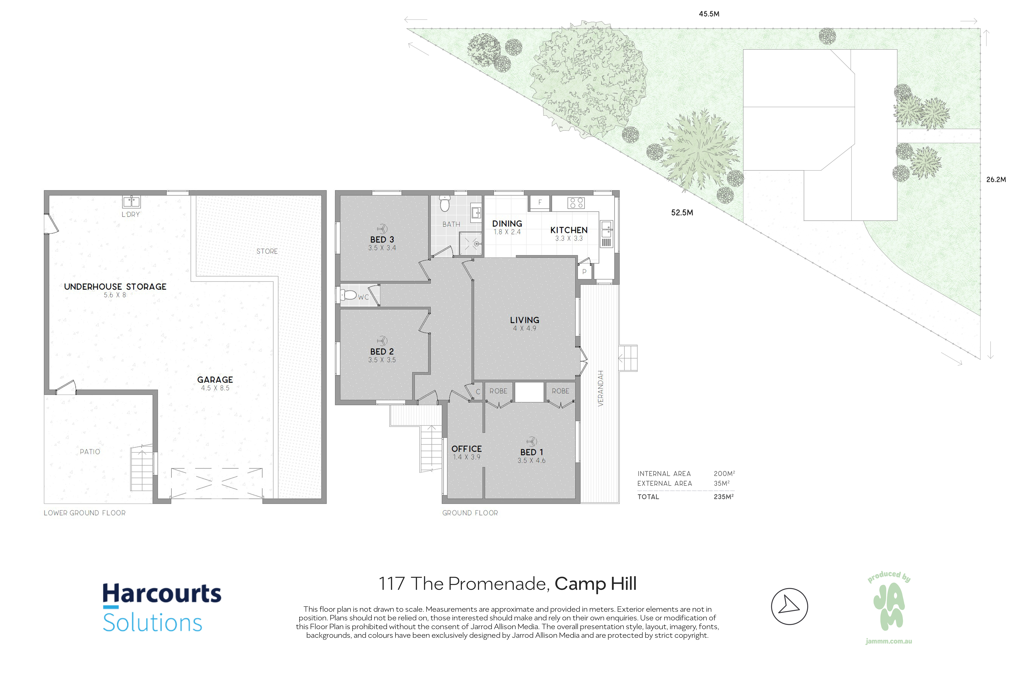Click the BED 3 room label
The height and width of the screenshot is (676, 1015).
click(382, 239)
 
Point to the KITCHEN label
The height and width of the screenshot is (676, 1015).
click(569, 230)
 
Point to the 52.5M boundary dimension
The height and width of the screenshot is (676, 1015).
click(682, 213)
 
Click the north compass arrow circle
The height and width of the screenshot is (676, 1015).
click(789, 606)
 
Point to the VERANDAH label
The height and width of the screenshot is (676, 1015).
click(600, 388)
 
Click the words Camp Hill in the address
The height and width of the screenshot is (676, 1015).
click(595, 584)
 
